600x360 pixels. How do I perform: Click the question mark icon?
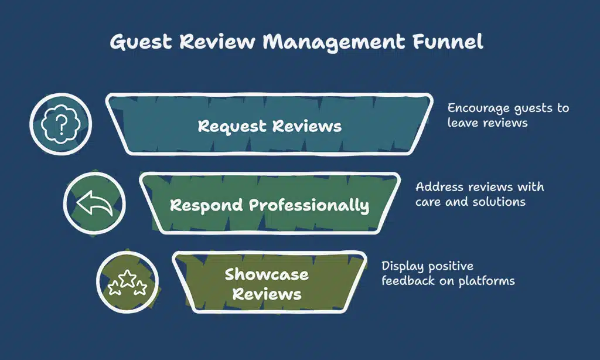click(61, 124)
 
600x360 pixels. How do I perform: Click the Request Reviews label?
click(270, 126)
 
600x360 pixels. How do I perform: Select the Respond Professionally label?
click(270, 206)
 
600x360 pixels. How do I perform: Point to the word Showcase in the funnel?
click(267, 274)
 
